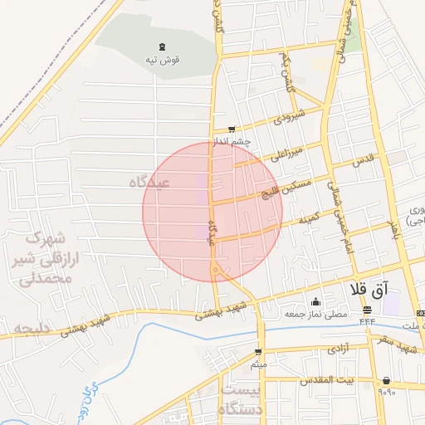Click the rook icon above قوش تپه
(x=160, y=47)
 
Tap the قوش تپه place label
(x=163, y=60)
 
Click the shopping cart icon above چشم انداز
(x=231, y=129)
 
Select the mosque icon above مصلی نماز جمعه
(x=315, y=301)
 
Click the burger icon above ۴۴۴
(x=367, y=310)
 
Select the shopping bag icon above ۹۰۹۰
(x=386, y=381)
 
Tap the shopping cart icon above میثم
(x=258, y=352)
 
